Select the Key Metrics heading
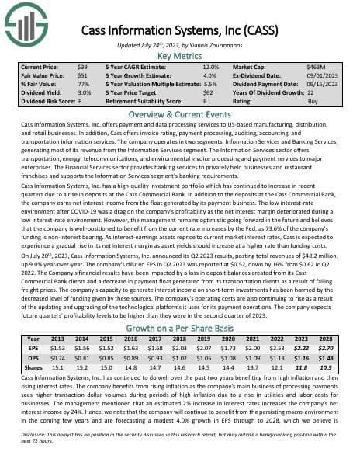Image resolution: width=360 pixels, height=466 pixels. point(180,56)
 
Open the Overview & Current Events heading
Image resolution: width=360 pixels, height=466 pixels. point(180,113)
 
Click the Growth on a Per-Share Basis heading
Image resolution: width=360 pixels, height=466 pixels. point(180,329)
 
